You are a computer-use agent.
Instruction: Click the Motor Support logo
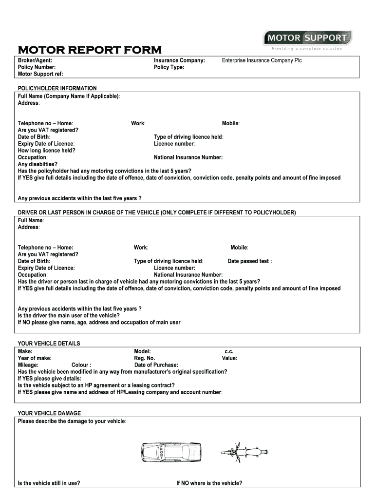pos(307,38)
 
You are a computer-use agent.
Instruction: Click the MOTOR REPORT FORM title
pos(90,50)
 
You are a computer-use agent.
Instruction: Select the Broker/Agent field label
pos(35,60)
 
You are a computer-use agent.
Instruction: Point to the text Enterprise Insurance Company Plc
pos(262,60)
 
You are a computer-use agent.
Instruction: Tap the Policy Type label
pos(169,67)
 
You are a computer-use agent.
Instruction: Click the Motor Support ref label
pos(40,74)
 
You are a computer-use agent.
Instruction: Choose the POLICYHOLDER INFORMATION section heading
pos(57,88)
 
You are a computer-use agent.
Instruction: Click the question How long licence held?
pos(46,151)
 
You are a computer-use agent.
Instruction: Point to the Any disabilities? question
pos(37,164)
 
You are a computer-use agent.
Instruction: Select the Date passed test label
pos(249,261)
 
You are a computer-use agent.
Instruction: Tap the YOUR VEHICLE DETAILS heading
pos(49,344)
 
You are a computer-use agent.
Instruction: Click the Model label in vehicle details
pos(142,351)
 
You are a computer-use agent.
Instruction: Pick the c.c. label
pos(229,351)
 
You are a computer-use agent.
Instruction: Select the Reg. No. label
pos(144,358)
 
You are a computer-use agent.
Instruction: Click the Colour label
pos(81,365)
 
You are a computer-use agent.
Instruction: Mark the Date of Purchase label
pos(156,365)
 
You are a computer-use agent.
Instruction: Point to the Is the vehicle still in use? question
pos(49,483)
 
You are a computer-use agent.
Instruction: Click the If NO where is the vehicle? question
pos(209,483)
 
